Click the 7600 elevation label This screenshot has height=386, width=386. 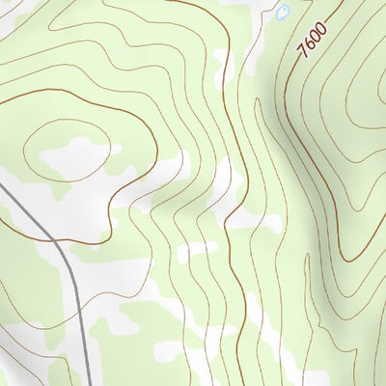pos(313,41)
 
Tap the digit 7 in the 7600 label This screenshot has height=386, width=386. pos(304,52)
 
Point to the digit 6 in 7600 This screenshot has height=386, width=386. pos(310,44)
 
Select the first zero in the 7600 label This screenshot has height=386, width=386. pos(316,38)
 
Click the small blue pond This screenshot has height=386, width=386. pos(283,13)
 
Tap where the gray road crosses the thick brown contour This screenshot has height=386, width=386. pos(42,231)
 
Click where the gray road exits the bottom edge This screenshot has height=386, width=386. pos(90,383)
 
